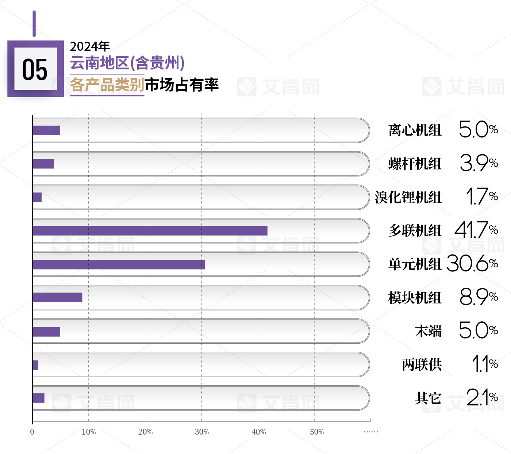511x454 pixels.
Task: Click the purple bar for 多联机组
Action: tap(150, 231)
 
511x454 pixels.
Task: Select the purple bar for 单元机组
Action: tap(119, 264)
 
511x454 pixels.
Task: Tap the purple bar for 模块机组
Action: tap(57, 297)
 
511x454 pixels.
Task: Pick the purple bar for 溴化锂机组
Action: tap(37, 197)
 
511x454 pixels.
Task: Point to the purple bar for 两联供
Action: tap(35, 365)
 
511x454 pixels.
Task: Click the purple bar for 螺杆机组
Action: tap(43, 164)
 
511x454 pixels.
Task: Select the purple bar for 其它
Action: tap(38, 398)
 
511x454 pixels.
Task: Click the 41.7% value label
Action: tap(476, 230)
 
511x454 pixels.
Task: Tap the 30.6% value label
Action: tap(472, 263)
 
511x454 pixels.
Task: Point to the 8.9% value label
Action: tap(479, 297)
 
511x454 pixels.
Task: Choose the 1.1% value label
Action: tap(485, 364)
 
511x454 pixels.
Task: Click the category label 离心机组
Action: tap(415, 130)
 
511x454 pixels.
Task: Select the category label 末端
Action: tap(428, 331)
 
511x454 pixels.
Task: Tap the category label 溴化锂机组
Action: tap(408, 197)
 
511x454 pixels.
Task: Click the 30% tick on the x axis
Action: tap(202, 432)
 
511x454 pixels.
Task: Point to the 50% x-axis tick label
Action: tap(317, 432)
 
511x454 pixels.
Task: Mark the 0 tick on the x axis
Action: tap(32, 432)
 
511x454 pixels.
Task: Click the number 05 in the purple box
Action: tap(35, 69)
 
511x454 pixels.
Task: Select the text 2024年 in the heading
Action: tap(90, 46)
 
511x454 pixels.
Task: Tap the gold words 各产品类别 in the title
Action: tap(107, 85)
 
